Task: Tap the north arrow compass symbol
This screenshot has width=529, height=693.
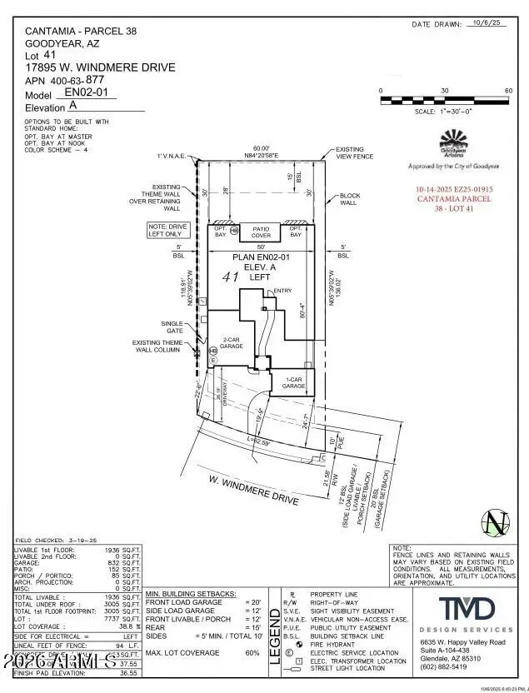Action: point(497,523)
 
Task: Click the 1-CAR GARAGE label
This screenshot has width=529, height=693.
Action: point(293,384)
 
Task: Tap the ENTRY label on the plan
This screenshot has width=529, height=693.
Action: point(282,291)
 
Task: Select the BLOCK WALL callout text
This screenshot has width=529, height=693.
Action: point(349,199)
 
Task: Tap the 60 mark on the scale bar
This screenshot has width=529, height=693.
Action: point(508,90)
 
